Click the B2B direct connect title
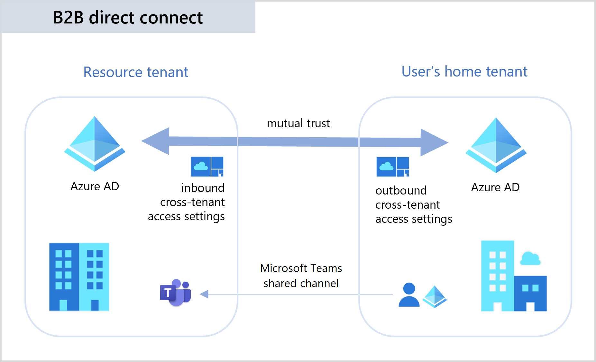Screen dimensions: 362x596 [128, 17]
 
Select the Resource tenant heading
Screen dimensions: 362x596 [136, 72]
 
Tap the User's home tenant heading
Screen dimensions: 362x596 [464, 71]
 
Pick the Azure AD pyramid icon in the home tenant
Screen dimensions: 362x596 [496, 145]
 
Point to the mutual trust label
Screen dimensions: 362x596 [298, 123]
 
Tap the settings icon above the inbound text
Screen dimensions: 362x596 [207, 167]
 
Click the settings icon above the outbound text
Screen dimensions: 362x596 [392, 167]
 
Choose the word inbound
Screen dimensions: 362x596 [203, 188]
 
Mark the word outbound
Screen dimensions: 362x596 [401, 190]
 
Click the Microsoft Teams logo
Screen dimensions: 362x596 [176, 293]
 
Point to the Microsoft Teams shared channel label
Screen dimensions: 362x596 [301, 276]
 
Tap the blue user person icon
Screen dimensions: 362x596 [409, 295]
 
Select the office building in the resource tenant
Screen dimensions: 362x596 [79, 277]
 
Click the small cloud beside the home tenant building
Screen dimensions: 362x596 [530, 258]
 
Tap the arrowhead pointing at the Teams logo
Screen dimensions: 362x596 [204, 294]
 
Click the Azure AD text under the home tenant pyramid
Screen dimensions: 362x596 [495, 187]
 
